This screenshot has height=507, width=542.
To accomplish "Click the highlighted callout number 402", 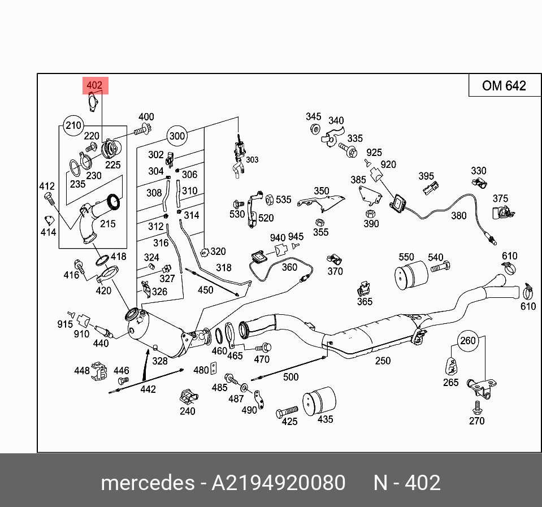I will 94,86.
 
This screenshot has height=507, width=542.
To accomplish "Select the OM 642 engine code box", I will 504,85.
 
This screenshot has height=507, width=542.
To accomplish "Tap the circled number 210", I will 73,125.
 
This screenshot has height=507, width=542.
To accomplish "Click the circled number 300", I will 177,136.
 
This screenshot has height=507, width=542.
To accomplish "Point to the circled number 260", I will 468,341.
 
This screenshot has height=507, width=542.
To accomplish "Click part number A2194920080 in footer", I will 278,483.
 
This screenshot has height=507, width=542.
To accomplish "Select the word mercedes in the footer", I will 147,483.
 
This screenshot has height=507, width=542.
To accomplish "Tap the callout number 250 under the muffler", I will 383,361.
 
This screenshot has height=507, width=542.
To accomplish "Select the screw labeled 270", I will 477,406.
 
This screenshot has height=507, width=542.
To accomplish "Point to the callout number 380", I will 459,215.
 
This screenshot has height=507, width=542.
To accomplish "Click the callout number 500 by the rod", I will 290,377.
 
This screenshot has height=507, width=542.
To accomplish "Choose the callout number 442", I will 148,389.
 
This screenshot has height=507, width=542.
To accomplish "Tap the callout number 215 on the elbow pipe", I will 107,224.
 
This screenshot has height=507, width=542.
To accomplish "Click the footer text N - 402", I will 406,483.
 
